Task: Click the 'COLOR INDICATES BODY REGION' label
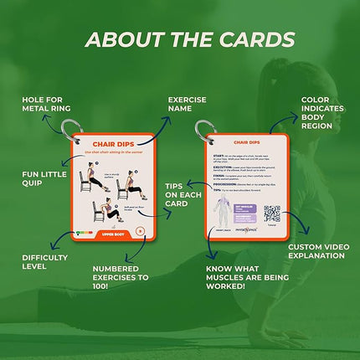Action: (321, 115)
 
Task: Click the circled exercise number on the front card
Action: (140, 231)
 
